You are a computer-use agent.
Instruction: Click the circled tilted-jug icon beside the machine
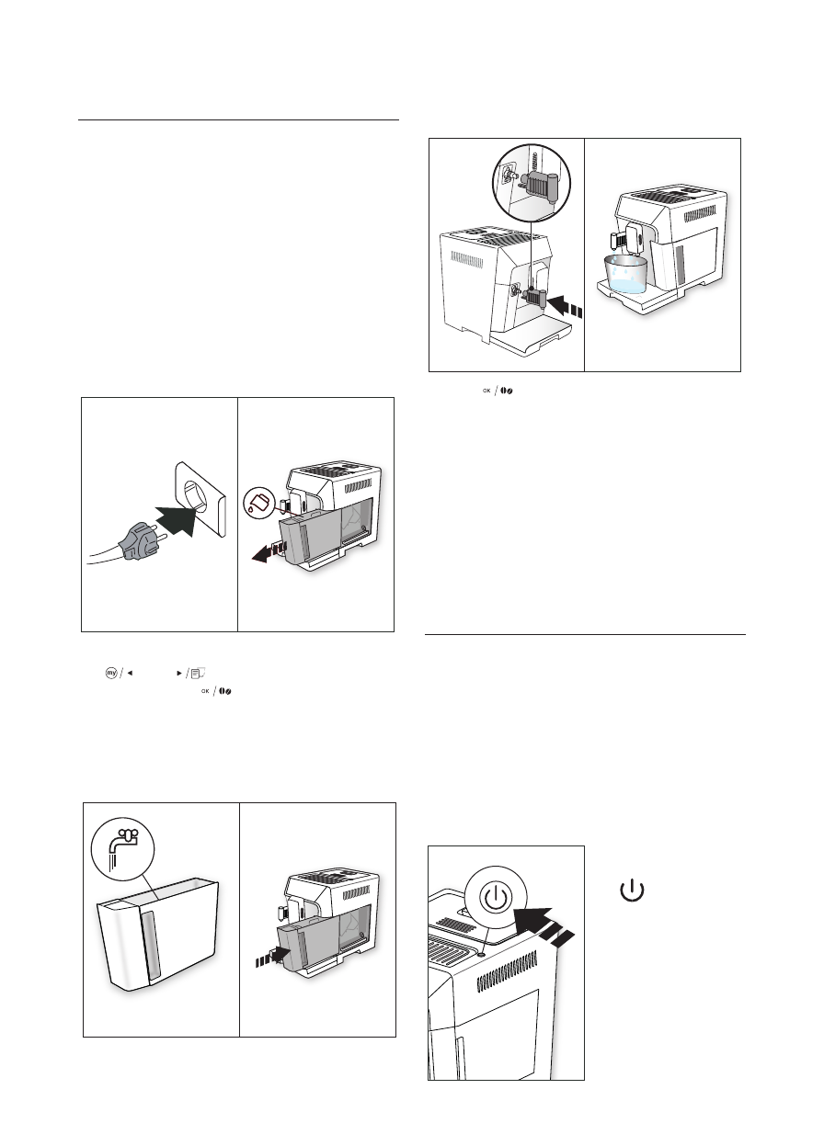(259, 503)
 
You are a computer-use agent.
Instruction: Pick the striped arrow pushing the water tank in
(273, 956)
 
